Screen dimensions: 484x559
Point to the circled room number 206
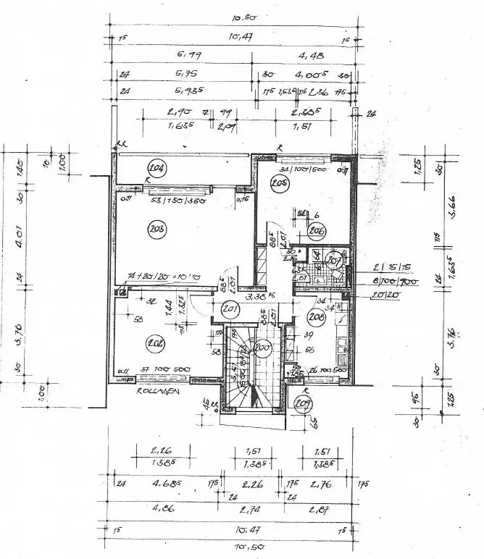point(316,231)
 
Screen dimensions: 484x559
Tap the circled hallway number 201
point(231,310)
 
